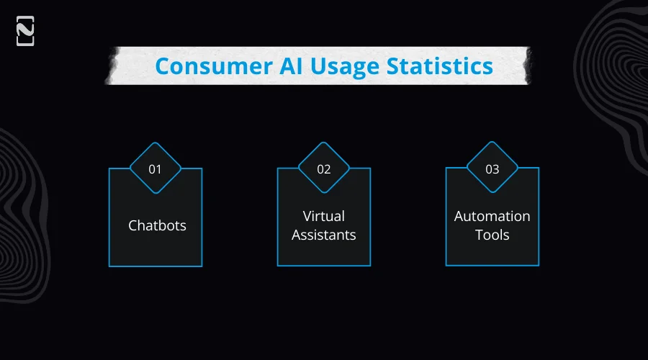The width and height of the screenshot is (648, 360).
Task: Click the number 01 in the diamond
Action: click(x=155, y=170)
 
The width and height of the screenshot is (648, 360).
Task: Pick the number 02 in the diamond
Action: click(x=324, y=170)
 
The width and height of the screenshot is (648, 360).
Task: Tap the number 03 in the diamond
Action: click(x=492, y=170)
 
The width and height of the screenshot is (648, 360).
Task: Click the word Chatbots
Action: click(x=157, y=225)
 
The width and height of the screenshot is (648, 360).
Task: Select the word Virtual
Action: click(x=324, y=216)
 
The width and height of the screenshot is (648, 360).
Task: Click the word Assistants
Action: click(x=324, y=235)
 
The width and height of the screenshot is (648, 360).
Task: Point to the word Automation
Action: click(x=492, y=216)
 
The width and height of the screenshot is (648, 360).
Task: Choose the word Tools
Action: click(x=492, y=235)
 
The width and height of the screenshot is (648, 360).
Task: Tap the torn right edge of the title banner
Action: click(x=528, y=66)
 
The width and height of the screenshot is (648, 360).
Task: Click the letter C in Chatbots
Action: click(x=133, y=225)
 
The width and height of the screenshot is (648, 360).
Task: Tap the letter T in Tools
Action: click(x=480, y=235)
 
